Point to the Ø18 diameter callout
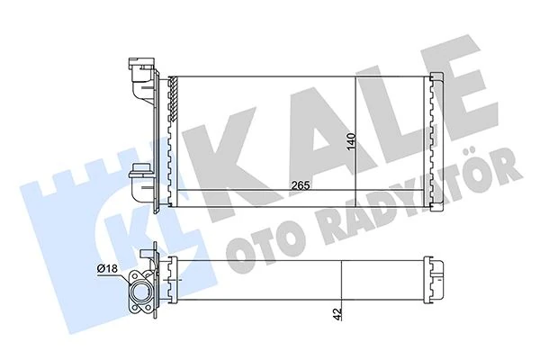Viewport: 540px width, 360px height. (x=108, y=267)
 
